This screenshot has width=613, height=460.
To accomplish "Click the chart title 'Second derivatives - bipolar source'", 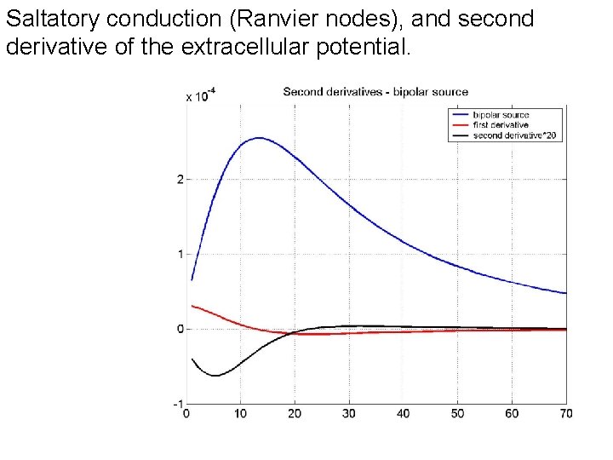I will coord(375,92).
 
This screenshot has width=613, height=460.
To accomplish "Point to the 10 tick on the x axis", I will coord(240,414).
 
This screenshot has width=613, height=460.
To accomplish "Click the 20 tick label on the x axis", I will coord(295,414).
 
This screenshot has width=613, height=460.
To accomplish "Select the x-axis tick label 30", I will coord(349,414).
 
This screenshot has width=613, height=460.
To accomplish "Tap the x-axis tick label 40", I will coord(404,414).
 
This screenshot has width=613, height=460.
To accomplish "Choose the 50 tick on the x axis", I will coord(457,414).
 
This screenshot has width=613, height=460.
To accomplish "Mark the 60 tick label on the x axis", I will coord(512,414).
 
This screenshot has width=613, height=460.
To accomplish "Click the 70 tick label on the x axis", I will coord(565,414).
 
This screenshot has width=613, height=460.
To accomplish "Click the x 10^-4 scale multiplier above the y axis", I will coord(200,96).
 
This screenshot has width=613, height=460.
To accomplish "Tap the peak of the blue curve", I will coord(258,138).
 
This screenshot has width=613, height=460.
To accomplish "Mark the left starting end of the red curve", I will coord(192,306).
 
